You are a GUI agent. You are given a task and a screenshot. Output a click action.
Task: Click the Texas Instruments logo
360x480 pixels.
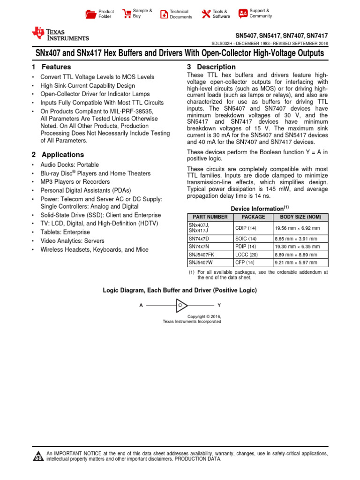click(60, 34)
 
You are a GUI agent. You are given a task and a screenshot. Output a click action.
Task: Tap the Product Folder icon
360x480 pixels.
click(90, 14)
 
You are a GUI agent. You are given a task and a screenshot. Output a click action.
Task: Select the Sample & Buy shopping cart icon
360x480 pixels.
click(127, 14)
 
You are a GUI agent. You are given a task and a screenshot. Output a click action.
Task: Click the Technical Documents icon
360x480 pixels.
click(164, 14)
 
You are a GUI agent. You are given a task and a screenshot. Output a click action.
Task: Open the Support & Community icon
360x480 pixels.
click(243, 13)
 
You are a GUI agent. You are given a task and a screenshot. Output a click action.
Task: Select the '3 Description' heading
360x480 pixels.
click(211, 67)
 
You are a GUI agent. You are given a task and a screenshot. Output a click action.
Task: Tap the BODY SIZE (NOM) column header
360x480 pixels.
click(300, 217)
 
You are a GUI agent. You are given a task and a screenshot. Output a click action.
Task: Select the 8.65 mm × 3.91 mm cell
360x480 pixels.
click(296, 239)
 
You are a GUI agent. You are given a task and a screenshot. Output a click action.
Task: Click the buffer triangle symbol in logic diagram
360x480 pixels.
click(181, 305)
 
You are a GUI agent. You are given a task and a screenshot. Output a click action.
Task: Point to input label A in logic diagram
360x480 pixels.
click(141, 305)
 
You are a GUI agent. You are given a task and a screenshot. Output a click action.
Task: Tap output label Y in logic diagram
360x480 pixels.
click(219, 305)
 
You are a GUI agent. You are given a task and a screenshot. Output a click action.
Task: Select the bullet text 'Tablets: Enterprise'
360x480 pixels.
click(65, 232)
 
